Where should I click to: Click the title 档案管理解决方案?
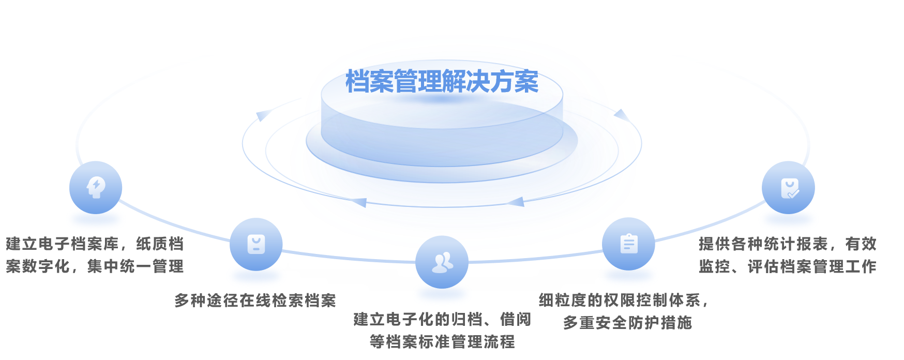coord(442,82)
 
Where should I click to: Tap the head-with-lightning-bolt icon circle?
coord(96,187)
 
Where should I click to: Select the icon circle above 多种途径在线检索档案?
coord(256,244)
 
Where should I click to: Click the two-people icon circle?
coord(442,262)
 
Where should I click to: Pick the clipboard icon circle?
coord(628,244)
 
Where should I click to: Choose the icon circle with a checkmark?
coord(788,187)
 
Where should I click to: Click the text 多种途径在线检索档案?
coord(255,301)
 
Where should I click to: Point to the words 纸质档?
coord(160,244)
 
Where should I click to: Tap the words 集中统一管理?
coord(135,266)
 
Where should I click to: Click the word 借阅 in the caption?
coord(516,319)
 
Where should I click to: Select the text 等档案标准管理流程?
coord(442,342)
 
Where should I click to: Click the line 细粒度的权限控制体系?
coord(620,300)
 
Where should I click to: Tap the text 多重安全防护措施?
coord(627,323)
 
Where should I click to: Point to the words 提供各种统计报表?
coord(763,244)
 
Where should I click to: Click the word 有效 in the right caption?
coord(861,244)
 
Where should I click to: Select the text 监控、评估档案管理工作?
coord(788,266)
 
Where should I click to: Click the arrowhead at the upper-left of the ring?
coord(263,115)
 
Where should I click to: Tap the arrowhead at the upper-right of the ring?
coord(622,115)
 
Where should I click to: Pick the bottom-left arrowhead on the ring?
coord(359,202)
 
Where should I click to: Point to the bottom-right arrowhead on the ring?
coord(516,201)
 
